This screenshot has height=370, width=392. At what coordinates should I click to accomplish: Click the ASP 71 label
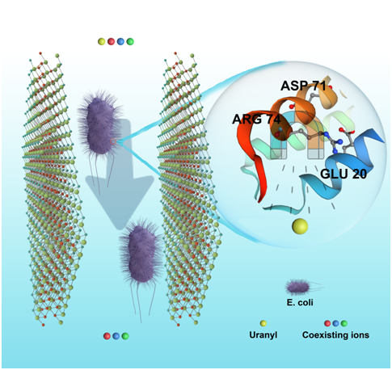coord(303,86)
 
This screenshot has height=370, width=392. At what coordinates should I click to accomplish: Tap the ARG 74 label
coord(256,119)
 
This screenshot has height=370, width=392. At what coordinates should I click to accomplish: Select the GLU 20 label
coord(344,174)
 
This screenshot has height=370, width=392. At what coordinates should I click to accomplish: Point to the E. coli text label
coord(300,303)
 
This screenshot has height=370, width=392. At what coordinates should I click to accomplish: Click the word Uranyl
coord(263,335)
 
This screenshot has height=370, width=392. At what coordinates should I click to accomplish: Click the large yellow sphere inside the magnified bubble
coord(300,226)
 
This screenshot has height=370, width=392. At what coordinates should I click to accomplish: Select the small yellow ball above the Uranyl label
coord(263,323)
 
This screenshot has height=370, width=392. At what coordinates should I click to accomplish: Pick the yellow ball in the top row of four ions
coord(101,41)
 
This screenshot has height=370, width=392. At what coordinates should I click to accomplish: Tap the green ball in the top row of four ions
coord(130,41)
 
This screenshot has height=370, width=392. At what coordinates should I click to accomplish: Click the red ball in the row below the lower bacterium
coord(107,336)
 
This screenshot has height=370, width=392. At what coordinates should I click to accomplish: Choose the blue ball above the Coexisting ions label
coord(335,323)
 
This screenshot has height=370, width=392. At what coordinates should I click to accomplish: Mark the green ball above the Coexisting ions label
coord(344,323)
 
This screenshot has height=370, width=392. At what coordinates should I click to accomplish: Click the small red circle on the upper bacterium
coord(113,141)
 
